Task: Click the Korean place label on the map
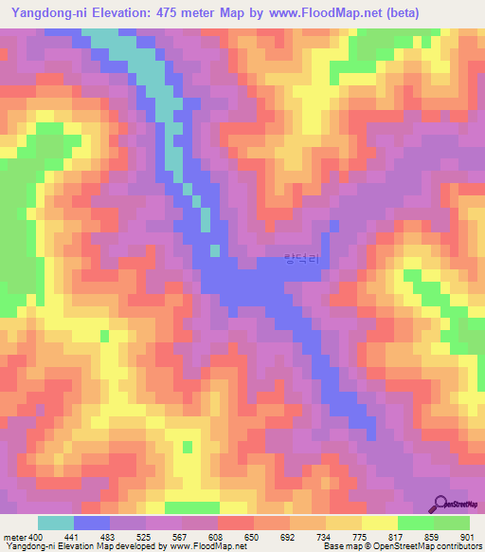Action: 302,255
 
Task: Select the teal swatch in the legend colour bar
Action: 56,523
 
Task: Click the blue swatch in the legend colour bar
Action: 92,523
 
